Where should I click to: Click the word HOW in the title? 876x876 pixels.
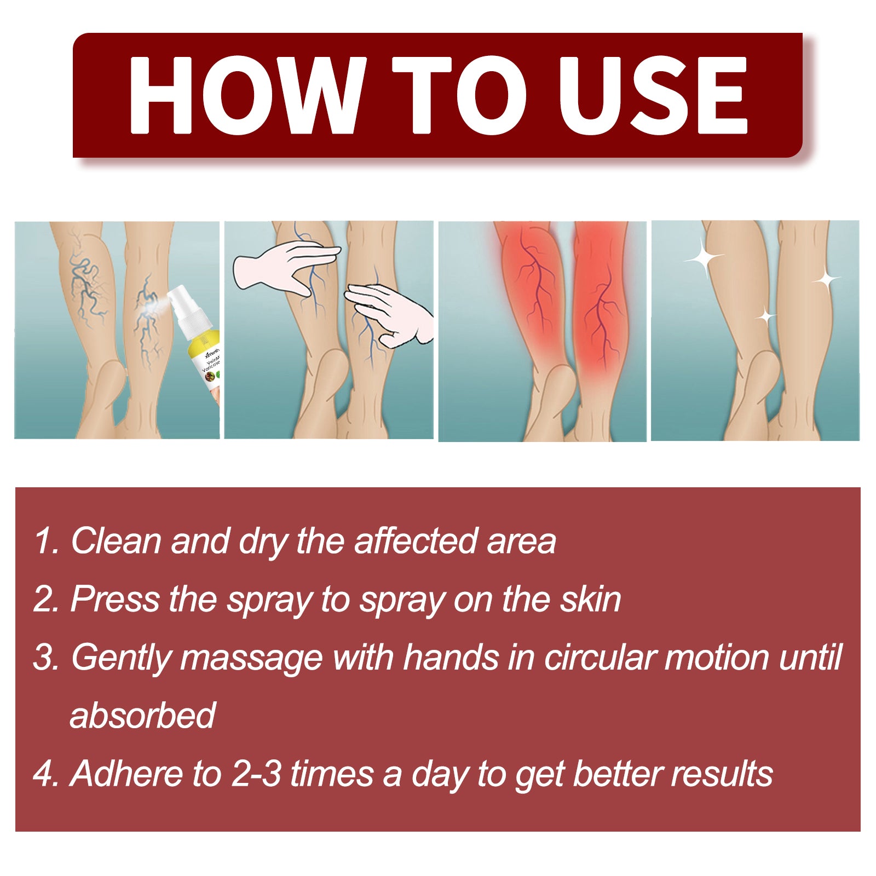[246, 95]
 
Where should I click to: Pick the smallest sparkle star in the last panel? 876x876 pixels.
[765, 316]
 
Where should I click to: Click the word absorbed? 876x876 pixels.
[143, 715]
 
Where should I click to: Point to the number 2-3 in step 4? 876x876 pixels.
[256, 774]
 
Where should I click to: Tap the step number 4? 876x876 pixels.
[43, 774]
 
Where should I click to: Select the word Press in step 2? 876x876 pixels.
[115, 599]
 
